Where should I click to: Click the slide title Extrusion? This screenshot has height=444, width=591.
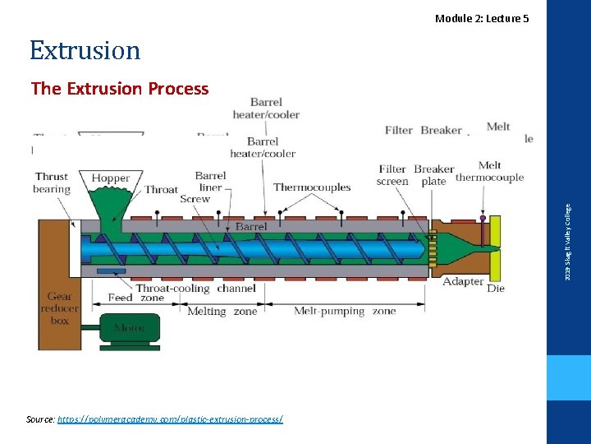85,51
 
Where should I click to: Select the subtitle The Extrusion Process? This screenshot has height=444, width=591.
120,89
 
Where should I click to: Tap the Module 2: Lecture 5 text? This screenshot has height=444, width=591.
482,18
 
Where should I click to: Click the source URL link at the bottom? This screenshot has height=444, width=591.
169,419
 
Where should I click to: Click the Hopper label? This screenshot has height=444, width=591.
111,178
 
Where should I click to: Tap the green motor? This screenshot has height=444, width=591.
131,327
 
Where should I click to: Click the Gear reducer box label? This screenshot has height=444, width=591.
59,308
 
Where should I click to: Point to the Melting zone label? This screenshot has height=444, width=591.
222,312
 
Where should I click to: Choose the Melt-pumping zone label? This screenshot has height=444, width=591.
345,312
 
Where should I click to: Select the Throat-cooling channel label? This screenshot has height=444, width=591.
195,288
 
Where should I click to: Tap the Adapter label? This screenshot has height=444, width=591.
463,282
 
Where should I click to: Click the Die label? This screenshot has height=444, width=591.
496,289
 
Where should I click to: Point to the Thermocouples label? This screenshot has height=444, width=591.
312,187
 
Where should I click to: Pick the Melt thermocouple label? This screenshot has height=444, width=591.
489,171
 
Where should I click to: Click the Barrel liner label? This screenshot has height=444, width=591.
210,181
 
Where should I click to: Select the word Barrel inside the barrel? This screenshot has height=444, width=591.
250,227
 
